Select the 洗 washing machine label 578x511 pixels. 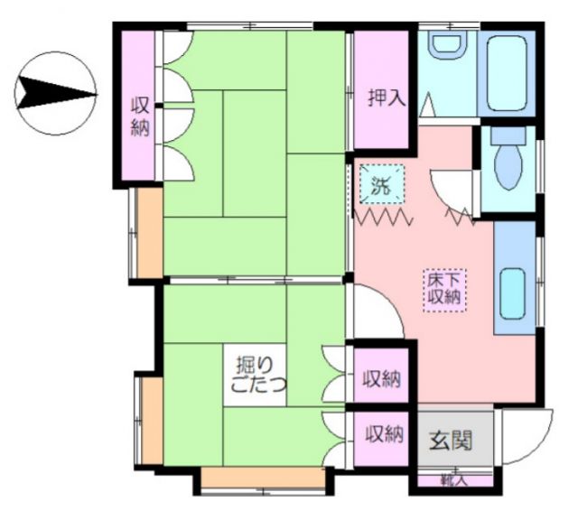[380, 188]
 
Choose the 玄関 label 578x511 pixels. [450, 441]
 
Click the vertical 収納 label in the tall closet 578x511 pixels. [139, 116]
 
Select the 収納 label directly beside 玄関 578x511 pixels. [382, 434]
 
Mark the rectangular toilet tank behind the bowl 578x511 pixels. [508, 137]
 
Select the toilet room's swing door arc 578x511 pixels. [452, 192]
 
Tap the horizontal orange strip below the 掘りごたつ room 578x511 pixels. [262, 478]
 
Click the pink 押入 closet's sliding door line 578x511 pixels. [350, 90]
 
